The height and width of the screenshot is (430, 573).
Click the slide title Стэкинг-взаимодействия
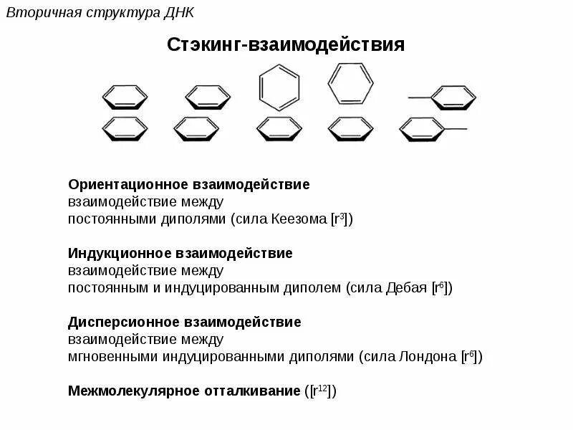286,45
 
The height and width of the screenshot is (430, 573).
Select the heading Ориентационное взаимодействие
189,185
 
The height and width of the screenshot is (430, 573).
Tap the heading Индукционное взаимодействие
180,254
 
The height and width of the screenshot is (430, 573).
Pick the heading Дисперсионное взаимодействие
185,322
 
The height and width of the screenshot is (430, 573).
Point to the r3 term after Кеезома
341,219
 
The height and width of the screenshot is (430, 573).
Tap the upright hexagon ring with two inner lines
350,85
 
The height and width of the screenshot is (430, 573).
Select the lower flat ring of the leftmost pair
125,128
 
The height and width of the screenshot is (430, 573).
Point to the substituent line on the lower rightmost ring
457,129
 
